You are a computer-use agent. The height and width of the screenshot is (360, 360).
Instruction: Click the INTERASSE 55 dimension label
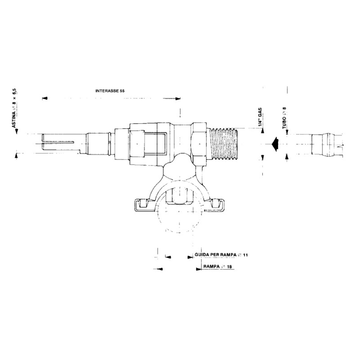[110, 91]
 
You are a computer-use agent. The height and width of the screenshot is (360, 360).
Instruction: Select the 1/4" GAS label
[260, 117]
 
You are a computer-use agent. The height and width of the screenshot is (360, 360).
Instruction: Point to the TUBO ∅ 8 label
[285, 117]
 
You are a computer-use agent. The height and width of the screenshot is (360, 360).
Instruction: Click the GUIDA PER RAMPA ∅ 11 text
[221, 255]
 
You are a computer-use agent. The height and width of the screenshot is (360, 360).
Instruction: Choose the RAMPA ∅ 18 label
[217, 266]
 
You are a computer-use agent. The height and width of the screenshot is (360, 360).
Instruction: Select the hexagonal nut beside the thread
[200, 144]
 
